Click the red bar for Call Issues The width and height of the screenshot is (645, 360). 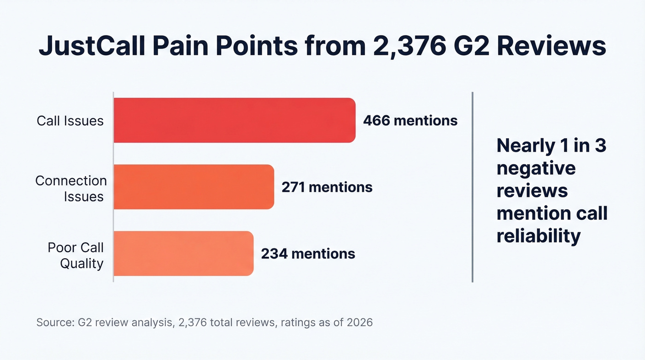pos(235,120)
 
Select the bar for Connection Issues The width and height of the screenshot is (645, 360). pos(193,187)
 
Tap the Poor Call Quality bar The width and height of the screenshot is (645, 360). pos(183,254)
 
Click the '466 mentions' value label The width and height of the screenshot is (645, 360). pos(410,121)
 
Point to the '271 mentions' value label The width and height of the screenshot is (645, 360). pos(327,187)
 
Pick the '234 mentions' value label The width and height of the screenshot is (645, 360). pos(308,254)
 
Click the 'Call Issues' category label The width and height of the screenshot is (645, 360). pos(70,121)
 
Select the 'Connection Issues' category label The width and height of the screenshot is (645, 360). pos(71,189)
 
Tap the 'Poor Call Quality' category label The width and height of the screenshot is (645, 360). pos(76,255)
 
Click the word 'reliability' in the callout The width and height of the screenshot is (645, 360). pos(538,236)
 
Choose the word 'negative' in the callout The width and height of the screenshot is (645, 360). pos(536,168)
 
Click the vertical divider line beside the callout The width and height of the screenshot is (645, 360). pos(472,187)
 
